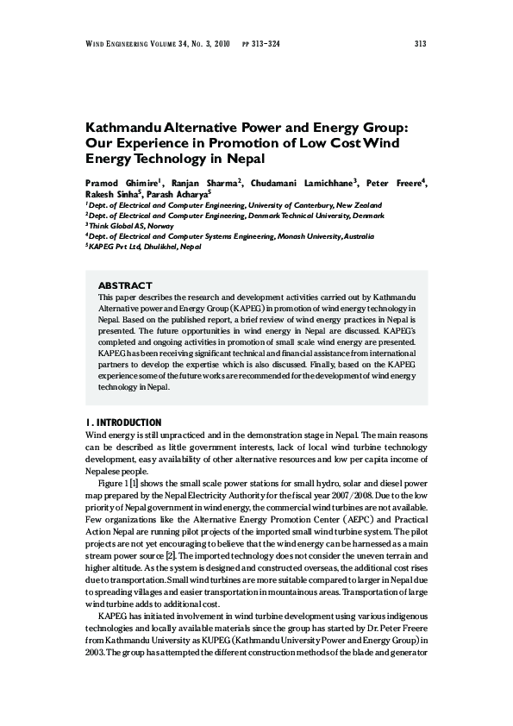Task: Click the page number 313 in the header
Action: [421, 44]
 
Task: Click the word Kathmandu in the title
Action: [143, 127]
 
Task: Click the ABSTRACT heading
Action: [125, 285]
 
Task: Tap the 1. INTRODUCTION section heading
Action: [123, 422]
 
